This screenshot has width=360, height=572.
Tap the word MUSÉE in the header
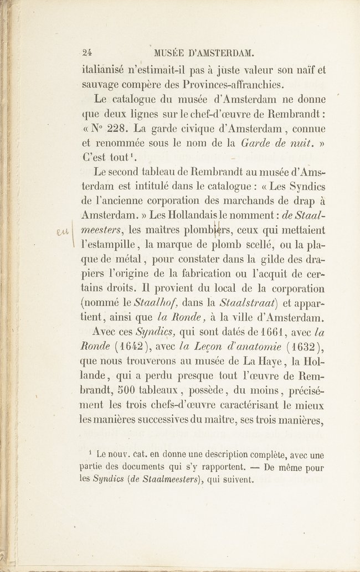point(168,53)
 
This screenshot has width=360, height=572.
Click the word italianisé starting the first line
point(106,70)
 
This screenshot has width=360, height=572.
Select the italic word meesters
point(102,230)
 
